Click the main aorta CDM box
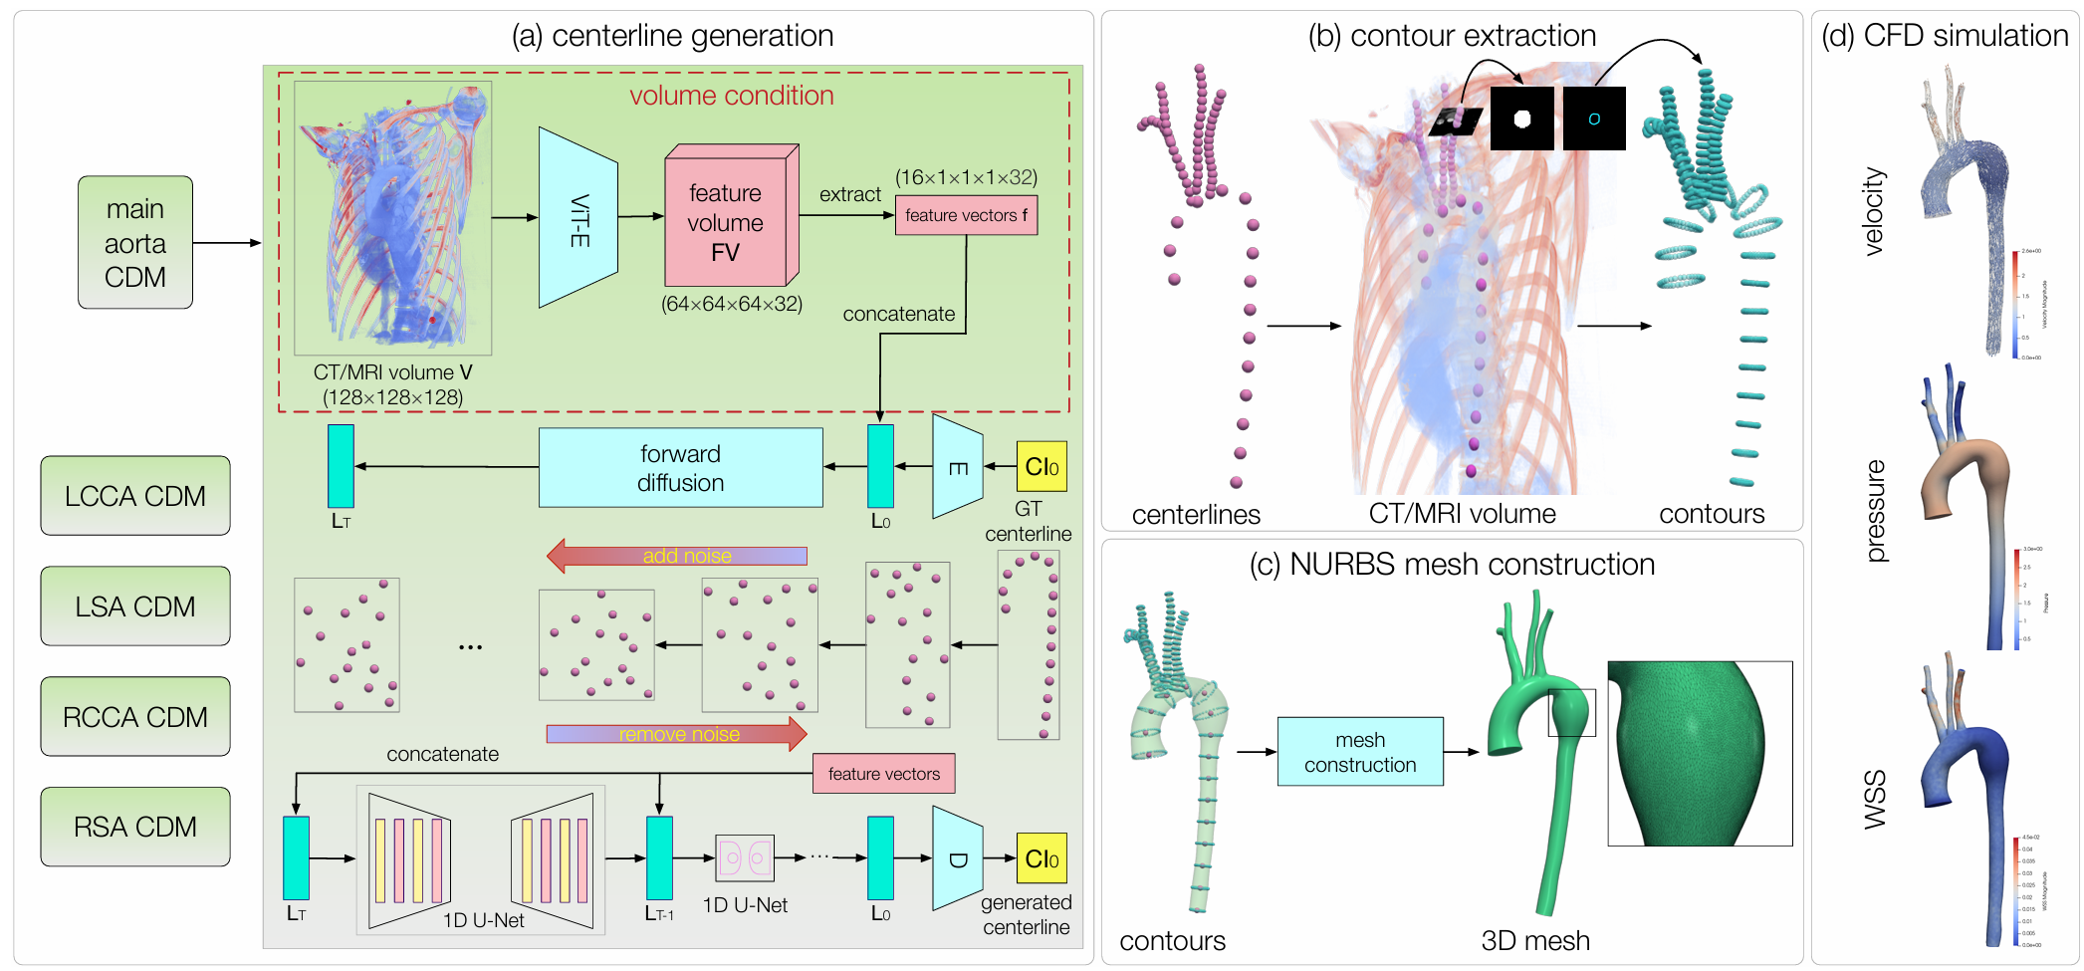135,242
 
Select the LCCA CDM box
135,496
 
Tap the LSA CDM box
135,607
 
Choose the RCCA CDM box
135,717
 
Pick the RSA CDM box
135,827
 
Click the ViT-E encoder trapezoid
579,217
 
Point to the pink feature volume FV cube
727,221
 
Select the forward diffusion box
681,468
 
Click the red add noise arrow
677,556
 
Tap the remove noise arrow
677,734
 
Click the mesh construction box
1360,752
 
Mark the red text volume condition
732,96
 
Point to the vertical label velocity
1873,211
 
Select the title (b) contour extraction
1452,36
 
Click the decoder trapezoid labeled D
957,858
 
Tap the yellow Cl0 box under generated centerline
1042,858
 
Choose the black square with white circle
1521,119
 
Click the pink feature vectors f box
966,215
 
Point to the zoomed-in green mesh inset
1700,754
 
